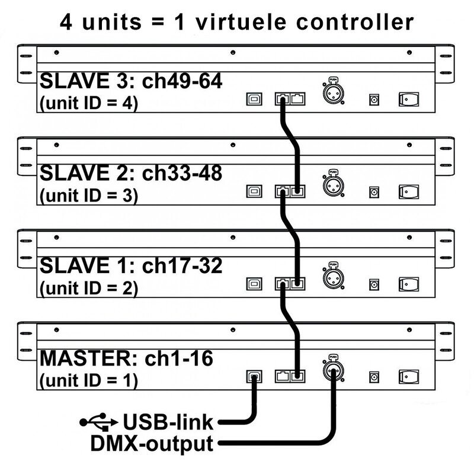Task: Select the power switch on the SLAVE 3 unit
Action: (x=408, y=99)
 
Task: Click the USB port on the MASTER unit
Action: (x=255, y=376)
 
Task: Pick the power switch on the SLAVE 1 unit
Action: (x=408, y=284)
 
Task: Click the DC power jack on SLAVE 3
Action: (x=374, y=100)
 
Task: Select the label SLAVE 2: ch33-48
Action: (x=130, y=173)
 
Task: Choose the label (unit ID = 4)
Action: (x=88, y=103)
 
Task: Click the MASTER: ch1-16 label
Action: (x=126, y=358)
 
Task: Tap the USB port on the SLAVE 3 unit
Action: (x=255, y=100)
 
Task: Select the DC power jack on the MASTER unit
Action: (x=374, y=377)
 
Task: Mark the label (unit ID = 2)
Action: (x=88, y=288)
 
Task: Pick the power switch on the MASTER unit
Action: (x=408, y=376)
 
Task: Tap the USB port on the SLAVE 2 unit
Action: (x=255, y=191)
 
